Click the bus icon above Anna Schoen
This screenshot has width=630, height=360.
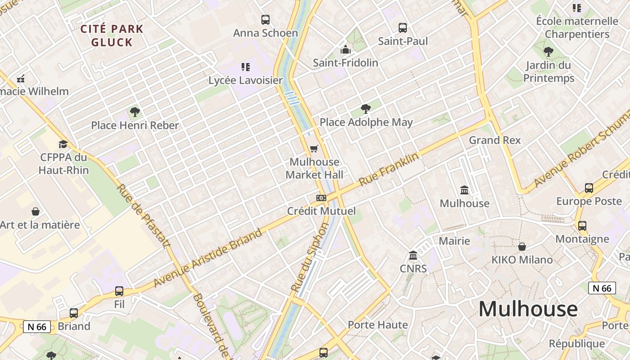click(265, 20)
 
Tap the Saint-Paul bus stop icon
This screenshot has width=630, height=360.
click(403, 28)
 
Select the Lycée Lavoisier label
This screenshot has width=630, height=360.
click(246, 81)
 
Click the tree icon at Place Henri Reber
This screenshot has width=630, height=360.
click(135, 112)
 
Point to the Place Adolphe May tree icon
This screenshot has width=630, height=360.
click(366, 109)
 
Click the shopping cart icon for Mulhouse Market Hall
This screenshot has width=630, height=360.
click(314, 148)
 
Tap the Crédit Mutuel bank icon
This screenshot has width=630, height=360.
click(321, 198)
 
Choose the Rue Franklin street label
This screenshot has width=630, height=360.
click(389, 170)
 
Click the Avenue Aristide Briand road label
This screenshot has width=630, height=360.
click(207, 258)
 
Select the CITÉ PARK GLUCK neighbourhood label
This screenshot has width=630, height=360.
click(112, 36)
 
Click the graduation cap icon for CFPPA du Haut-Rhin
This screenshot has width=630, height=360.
click(63, 144)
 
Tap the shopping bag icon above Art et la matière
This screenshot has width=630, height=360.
click(36, 211)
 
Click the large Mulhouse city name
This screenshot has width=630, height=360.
click(528, 309)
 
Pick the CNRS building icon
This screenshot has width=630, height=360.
click(413, 256)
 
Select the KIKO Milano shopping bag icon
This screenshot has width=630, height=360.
click(522, 247)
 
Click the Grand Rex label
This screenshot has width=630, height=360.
click(495, 140)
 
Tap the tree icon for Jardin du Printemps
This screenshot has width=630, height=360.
click(548, 52)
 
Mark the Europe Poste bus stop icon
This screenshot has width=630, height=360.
click(589, 188)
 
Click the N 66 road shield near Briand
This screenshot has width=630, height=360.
click(37, 327)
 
